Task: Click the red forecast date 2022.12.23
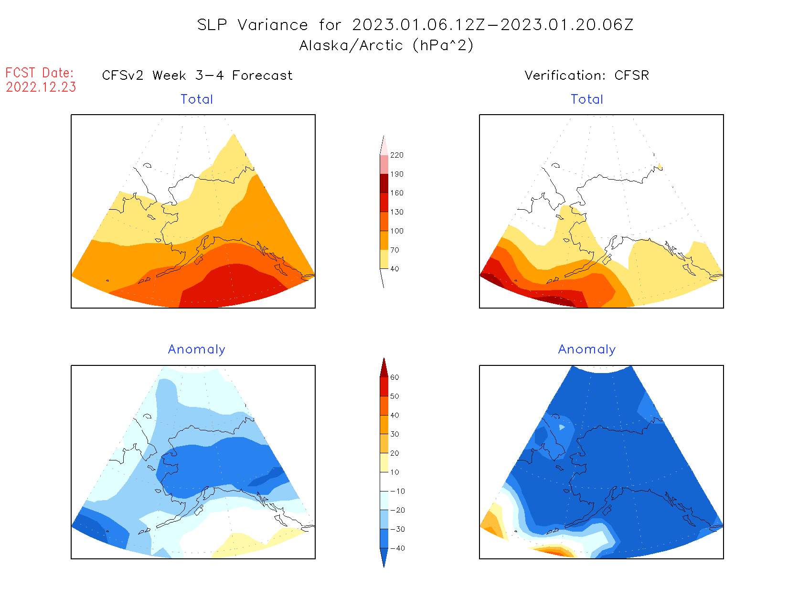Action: [41, 87]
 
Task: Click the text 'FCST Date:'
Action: [40, 73]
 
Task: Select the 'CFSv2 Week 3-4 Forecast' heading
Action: [197, 75]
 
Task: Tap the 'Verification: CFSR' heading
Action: [586, 75]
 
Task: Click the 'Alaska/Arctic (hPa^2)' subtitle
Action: [386, 45]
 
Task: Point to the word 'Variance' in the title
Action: [273, 25]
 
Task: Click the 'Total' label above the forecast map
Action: [197, 99]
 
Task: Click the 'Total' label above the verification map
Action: [587, 99]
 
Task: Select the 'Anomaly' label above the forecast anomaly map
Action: [196, 350]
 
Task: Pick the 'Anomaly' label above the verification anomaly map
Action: [587, 350]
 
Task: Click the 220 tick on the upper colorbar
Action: [396, 155]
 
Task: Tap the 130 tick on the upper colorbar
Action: [396, 212]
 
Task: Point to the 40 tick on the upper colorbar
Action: [394, 269]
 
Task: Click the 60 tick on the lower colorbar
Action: [394, 377]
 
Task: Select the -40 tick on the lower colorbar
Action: [397, 548]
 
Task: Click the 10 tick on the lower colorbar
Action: [394, 472]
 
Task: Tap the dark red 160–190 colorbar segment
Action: [384, 183]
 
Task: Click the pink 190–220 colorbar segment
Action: [384, 165]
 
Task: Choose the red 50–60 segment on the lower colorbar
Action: [384, 387]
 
